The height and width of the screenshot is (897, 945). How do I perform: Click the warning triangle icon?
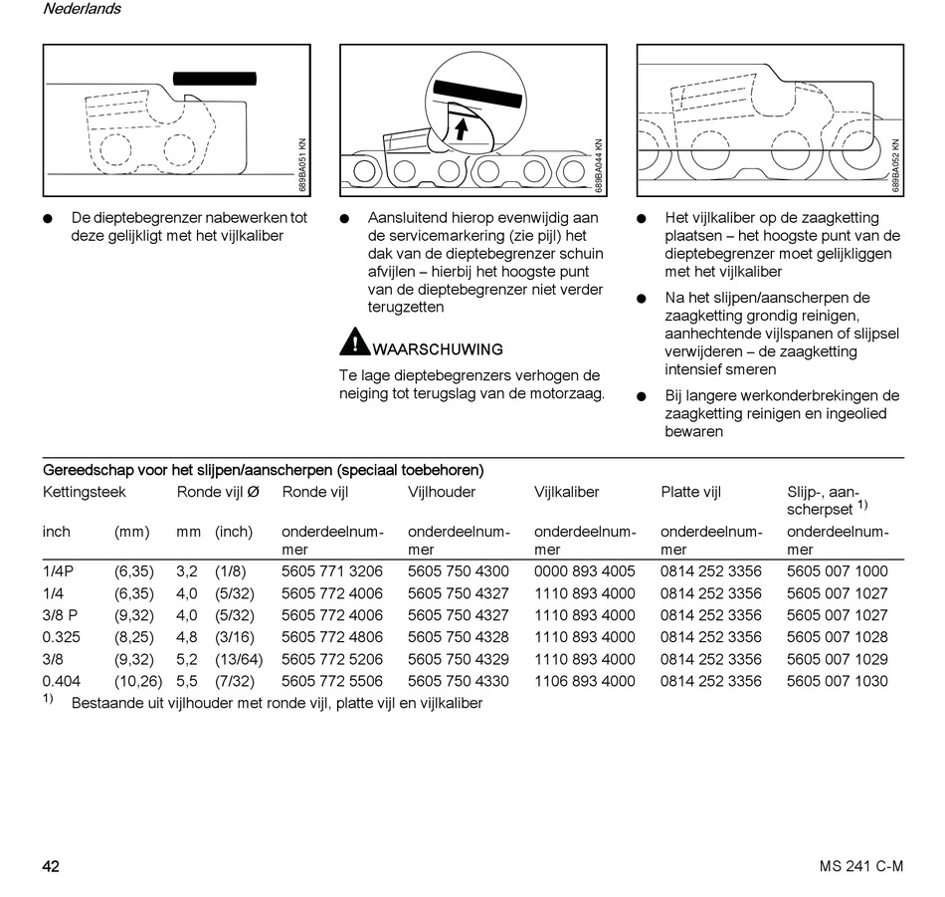354,342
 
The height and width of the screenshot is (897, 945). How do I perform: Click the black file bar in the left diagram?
214,78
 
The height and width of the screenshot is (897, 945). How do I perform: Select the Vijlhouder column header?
442,492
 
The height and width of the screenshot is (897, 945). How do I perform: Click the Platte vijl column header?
690,492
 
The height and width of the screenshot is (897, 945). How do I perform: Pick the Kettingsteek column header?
85,492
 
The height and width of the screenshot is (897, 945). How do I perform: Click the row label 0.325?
62,637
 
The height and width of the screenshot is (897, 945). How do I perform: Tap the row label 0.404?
62,681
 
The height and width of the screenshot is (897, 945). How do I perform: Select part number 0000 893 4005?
584,571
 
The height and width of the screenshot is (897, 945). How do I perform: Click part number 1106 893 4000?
584,681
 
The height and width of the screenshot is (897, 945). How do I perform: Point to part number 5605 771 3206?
332,571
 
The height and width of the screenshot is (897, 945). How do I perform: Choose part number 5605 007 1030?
837,681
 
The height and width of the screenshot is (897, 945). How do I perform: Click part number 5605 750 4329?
458,659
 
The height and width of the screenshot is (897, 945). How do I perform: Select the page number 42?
51,866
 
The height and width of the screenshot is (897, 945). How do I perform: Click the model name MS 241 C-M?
854,866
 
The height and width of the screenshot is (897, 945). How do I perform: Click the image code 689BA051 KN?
302,164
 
